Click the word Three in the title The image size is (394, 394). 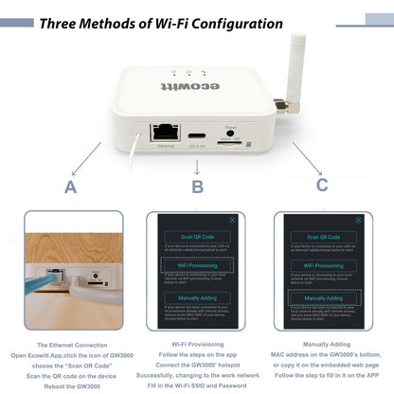(x=62, y=22)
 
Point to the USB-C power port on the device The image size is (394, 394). (x=198, y=134)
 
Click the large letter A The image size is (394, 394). (x=70, y=187)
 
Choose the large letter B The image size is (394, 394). (x=197, y=187)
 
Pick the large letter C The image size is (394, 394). (x=322, y=186)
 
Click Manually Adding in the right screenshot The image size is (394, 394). (x=321, y=296)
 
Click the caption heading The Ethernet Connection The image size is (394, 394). (x=70, y=345)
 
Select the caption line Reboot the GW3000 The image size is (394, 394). (x=70, y=386)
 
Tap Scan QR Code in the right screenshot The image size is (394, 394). (x=321, y=235)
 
